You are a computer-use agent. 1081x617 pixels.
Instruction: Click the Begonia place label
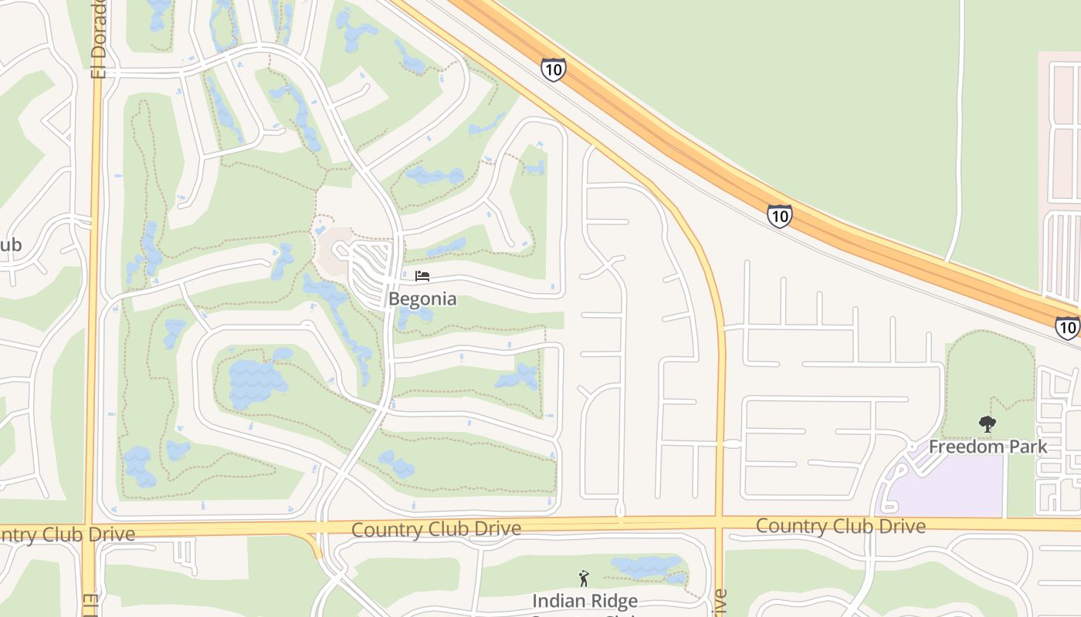click(422, 298)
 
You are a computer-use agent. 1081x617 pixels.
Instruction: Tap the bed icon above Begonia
click(422, 275)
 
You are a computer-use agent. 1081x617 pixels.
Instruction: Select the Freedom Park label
click(988, 447)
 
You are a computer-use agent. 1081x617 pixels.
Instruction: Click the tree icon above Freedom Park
click(987, 423)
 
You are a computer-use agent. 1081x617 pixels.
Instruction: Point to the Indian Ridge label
click(585, 601)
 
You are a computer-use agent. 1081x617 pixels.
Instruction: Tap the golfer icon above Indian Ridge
click(584, 578)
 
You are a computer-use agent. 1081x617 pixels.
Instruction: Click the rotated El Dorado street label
click(98, 39)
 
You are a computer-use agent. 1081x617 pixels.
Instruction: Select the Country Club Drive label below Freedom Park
click(840, 526)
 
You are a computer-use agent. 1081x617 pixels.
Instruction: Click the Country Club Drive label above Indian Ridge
click(435, 529)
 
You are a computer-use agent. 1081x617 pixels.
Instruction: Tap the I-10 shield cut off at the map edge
click(1068, 328)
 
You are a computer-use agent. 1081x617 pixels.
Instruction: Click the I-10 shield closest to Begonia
click(553, 69)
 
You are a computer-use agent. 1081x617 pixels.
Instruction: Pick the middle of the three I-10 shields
click(780, 216)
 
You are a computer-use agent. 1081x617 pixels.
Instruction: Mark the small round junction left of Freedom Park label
click(912, 447)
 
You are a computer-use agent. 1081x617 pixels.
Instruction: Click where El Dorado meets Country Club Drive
click(92, 529)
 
